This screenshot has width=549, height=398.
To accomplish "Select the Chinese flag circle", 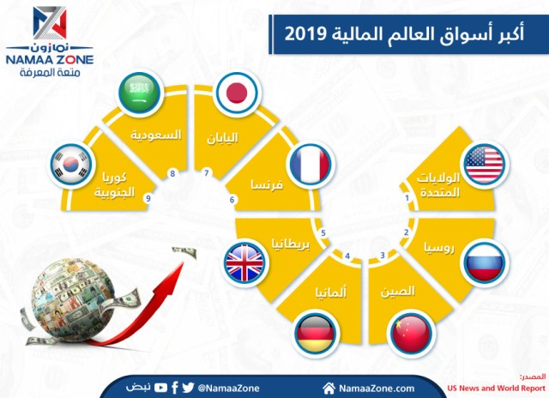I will pyautogui.click(x=409, y=333).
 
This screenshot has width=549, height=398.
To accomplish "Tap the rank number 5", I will pyautogui.click(x=323, y=232).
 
